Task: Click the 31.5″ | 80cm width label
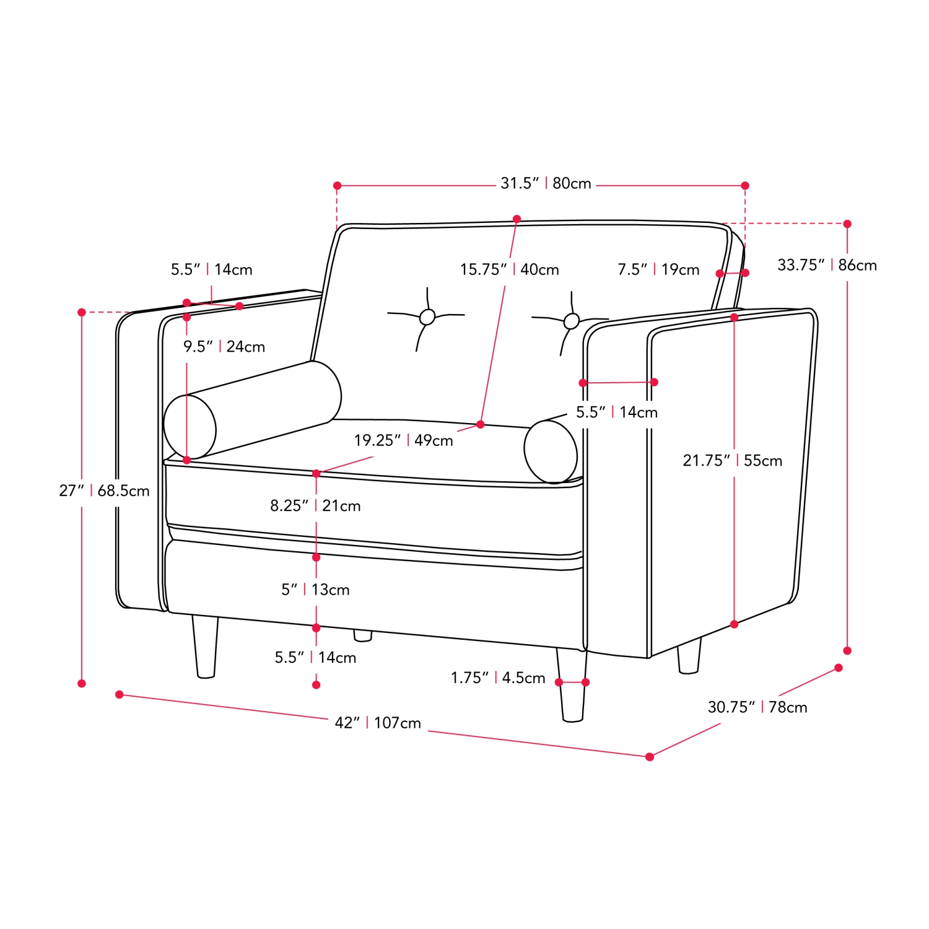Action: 546,183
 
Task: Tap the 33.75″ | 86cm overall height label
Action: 827,265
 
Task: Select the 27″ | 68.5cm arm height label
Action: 104,491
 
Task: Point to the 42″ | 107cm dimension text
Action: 378,723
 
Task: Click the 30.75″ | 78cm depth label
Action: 757,707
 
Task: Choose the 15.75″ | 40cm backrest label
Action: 509,269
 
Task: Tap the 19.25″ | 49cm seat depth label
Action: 403,440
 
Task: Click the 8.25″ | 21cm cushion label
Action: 315,505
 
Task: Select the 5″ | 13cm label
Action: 315,590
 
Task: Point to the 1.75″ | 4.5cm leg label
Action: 498,678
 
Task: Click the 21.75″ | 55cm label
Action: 733,460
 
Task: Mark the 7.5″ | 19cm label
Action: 658,269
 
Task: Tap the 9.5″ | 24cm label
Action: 224,346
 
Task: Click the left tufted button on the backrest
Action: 427,317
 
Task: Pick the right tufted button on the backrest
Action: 572,321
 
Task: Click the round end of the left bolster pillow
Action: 190,427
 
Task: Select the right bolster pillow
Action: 551,451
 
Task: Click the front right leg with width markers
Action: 572,685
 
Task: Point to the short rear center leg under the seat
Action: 363,635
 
